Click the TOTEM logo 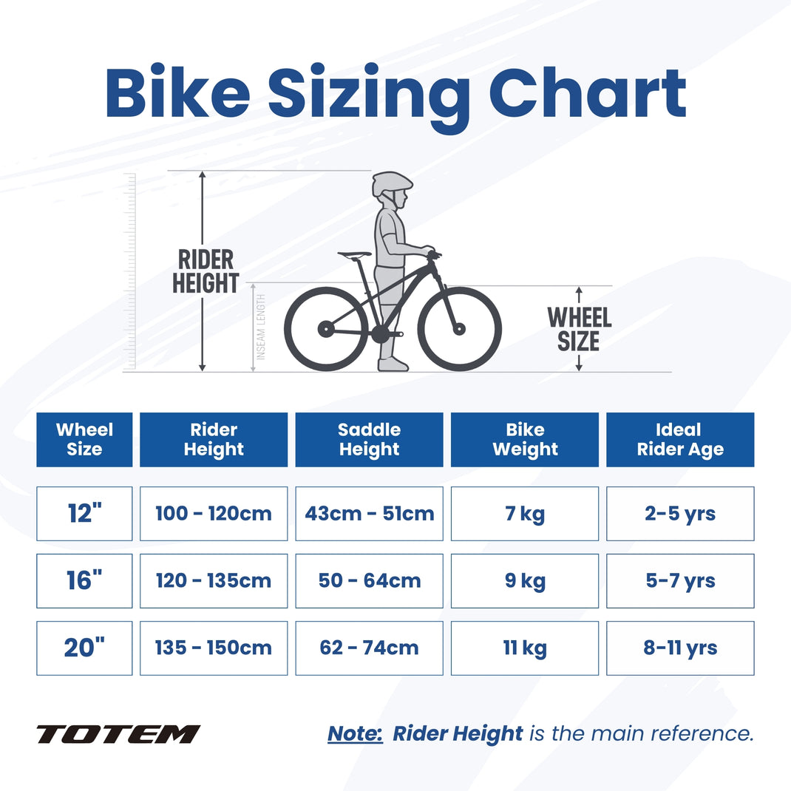coord(118,734)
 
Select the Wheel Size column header coord(84,439)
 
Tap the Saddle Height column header coord(369,439)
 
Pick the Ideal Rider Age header coord(680,439)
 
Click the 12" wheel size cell coord(84,513)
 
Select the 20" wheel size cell coord(84,648)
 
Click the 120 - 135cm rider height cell coord(213,580)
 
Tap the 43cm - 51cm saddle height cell coord(369,513)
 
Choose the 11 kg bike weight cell coord(524,648)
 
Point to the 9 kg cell coord(524,580)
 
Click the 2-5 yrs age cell coord(680,513)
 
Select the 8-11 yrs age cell coord(680,648)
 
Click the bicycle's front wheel coord(460,328)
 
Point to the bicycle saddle coord(355,255)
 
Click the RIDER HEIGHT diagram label coord(206,271)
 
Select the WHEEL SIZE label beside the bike coord(580,329)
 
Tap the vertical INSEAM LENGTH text coord(261,327)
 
